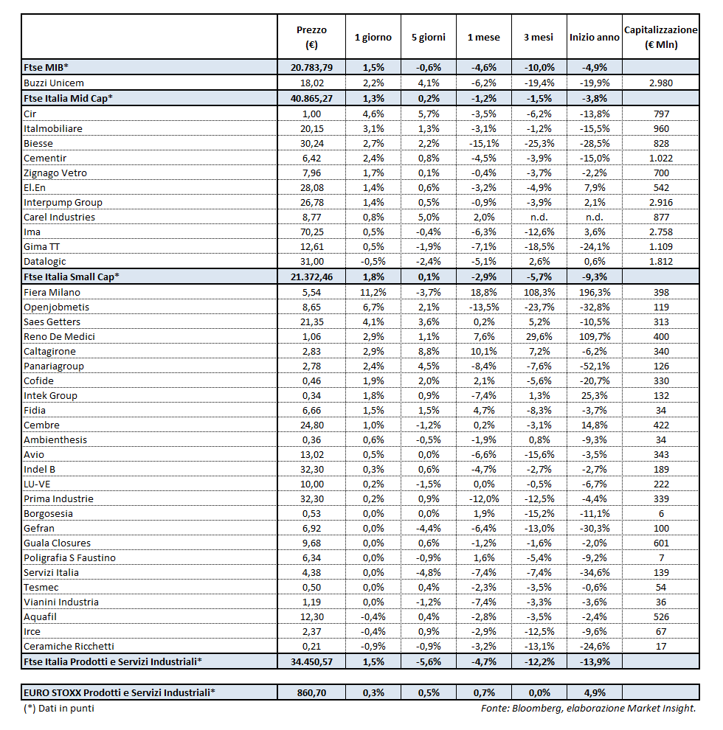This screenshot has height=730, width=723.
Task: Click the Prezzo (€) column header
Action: [311, 37]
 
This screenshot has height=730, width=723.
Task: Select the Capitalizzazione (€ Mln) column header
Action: [660, 37]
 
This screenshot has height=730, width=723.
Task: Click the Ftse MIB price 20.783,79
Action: [311, 67]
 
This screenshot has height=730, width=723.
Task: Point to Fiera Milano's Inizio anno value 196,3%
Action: [594, 292]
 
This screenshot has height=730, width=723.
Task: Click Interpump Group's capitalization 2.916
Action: [660, 202]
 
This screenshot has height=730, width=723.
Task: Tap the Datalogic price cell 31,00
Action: [311, 261]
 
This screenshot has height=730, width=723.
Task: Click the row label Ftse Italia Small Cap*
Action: [72, 277]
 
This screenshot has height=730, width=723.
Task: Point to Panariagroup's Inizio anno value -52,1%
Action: [594, 366]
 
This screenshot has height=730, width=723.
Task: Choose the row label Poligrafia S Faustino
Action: [69, 557]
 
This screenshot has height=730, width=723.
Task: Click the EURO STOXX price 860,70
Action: [311, 692]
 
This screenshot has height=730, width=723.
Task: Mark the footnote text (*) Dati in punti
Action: [59, 708]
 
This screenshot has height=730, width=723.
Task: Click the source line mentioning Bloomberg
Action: [587, 708]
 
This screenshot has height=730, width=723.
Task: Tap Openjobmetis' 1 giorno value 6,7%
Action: [373, 307]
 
